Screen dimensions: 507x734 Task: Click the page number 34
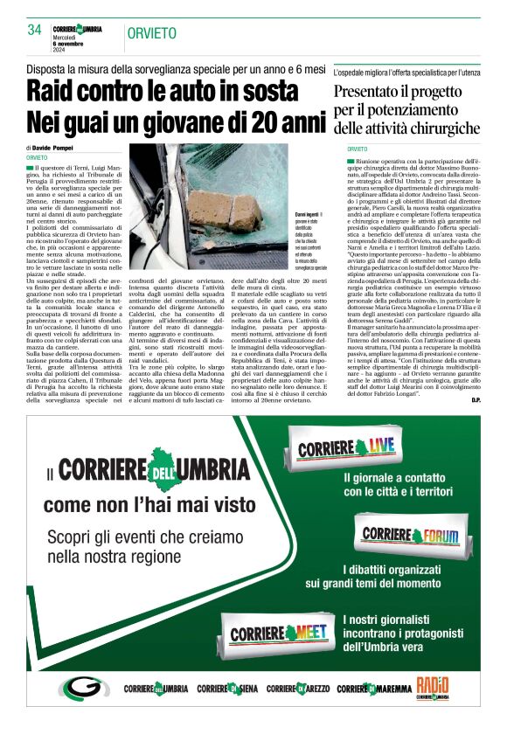click(x=35, y=30)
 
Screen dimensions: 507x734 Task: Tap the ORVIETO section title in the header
click(x=151, y=33)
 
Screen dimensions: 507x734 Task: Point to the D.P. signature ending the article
click(x=476, y=400)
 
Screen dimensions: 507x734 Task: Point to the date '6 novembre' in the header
click(x=71, y=44)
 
